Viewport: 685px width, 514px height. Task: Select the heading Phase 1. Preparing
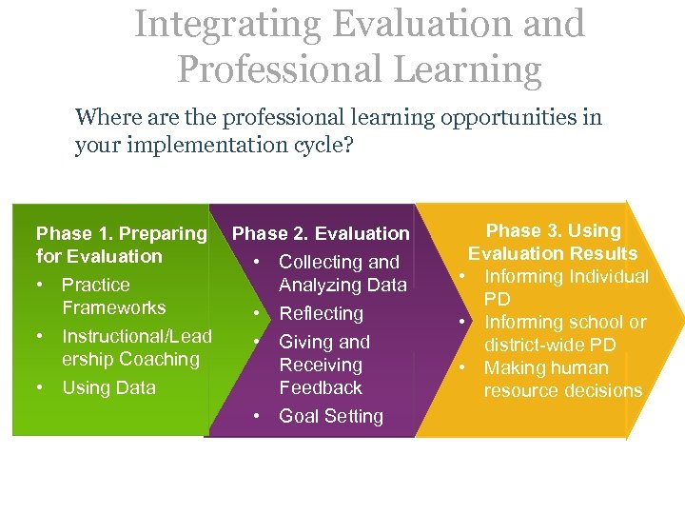click(121, 233)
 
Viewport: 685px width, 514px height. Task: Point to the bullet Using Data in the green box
click(108, 387)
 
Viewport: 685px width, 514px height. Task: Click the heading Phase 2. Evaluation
click(321, 233)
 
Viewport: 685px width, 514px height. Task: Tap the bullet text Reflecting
click(321, 313)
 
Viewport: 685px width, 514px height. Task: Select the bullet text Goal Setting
click(330, 416)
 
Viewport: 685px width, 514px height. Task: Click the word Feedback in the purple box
click(321, 387)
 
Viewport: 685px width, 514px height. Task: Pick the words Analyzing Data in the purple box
click(342, 285)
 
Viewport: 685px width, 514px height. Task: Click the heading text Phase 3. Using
click(553, 230)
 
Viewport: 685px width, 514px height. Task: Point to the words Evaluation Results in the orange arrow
click(553, 253)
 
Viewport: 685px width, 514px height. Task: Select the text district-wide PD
click(550, 345)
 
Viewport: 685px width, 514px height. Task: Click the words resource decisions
click(562, 390)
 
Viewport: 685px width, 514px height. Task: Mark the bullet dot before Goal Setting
click(258, 417)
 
